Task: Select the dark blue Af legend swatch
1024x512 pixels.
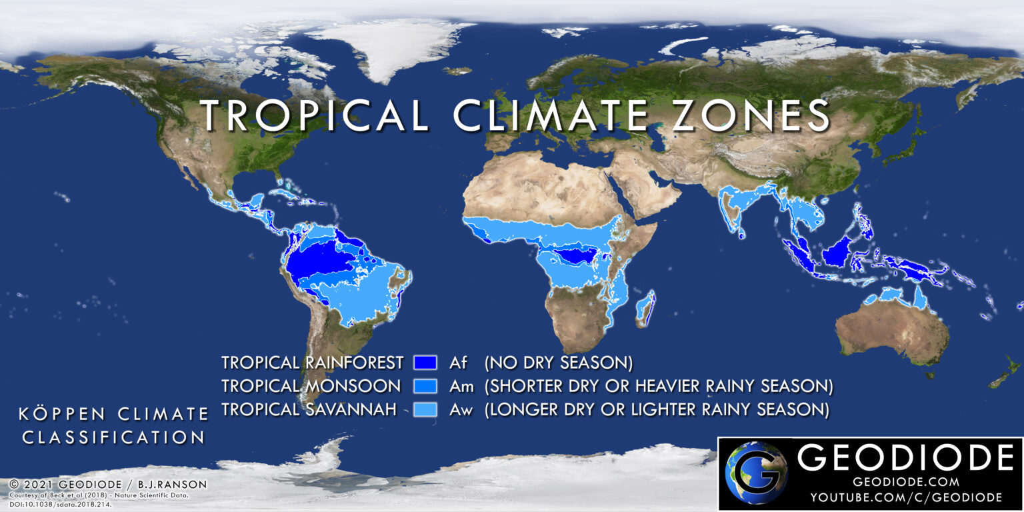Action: pyautogui.click(x=425, y=363)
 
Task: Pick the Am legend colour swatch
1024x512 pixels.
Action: pyautogui.click(x=425, y=386)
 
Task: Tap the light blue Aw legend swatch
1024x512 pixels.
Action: pyautogui.click(x=425, y=409)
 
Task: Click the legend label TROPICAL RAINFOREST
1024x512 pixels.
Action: pyautogui.click(x=312, y=363)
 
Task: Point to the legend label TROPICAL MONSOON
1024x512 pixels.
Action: pyautogui.click(x=311, y=386)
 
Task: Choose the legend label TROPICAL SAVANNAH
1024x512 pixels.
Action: pyautogui.click(x=309, y=409)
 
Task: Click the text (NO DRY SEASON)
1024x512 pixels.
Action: pyautogui.click(x=558, y=363)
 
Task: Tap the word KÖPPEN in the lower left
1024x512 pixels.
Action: pyautogui.click(x=62, y=414)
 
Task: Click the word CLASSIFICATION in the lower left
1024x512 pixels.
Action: pyautogui.click(x=113, y=437)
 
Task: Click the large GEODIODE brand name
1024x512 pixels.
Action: pyautogui.click(x=905, y=458)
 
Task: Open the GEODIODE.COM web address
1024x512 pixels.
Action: pyautogui.click(x=905, y=481)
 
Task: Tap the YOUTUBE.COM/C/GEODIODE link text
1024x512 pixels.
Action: pyautogui.click(x=905, y=497)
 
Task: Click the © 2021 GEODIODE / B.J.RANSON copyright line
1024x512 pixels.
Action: pyautogui.click(x=108, y=484)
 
